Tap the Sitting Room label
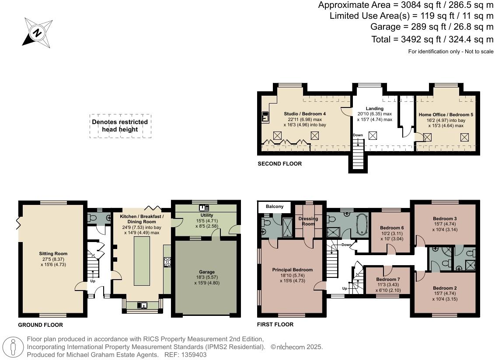[x=53, y=253]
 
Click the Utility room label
[x=206, y=215]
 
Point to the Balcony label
[x=273, y=207]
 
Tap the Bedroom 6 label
[x=392, y=228]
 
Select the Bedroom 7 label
[x=388, y=279]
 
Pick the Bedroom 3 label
[x=445, y=218]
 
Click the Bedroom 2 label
[x=445, y=288]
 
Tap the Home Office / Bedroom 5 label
[x=446, y=114]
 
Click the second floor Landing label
[x=374, y=108]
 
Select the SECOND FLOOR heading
[x=279, y=164]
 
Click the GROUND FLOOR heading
[x=40, y=325]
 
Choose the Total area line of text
[x=432, y=39]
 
